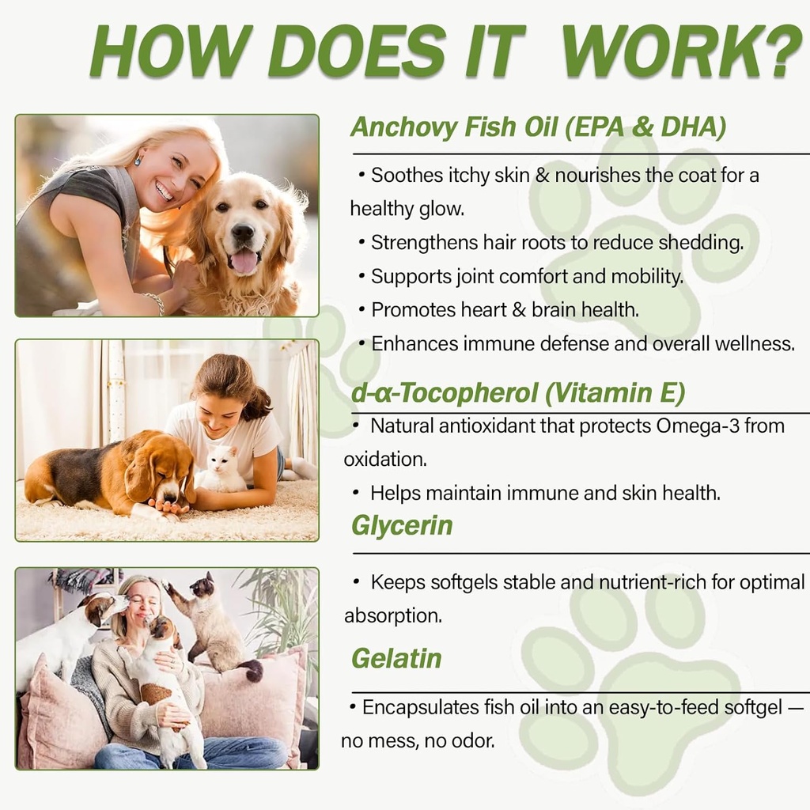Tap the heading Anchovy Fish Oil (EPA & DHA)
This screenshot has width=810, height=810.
[538, 127]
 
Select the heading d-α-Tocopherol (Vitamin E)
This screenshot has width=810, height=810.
[518, 392]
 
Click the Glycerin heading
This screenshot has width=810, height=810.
[402, 525]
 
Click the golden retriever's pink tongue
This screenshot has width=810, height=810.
[244, 260]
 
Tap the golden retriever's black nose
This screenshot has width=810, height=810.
[243, 233]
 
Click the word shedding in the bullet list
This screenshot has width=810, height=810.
[704, 242]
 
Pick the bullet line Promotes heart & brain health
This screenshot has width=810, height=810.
[505, 310]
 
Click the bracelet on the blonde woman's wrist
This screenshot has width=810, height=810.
[155, 302]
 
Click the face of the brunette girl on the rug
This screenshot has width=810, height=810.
[218, 406]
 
